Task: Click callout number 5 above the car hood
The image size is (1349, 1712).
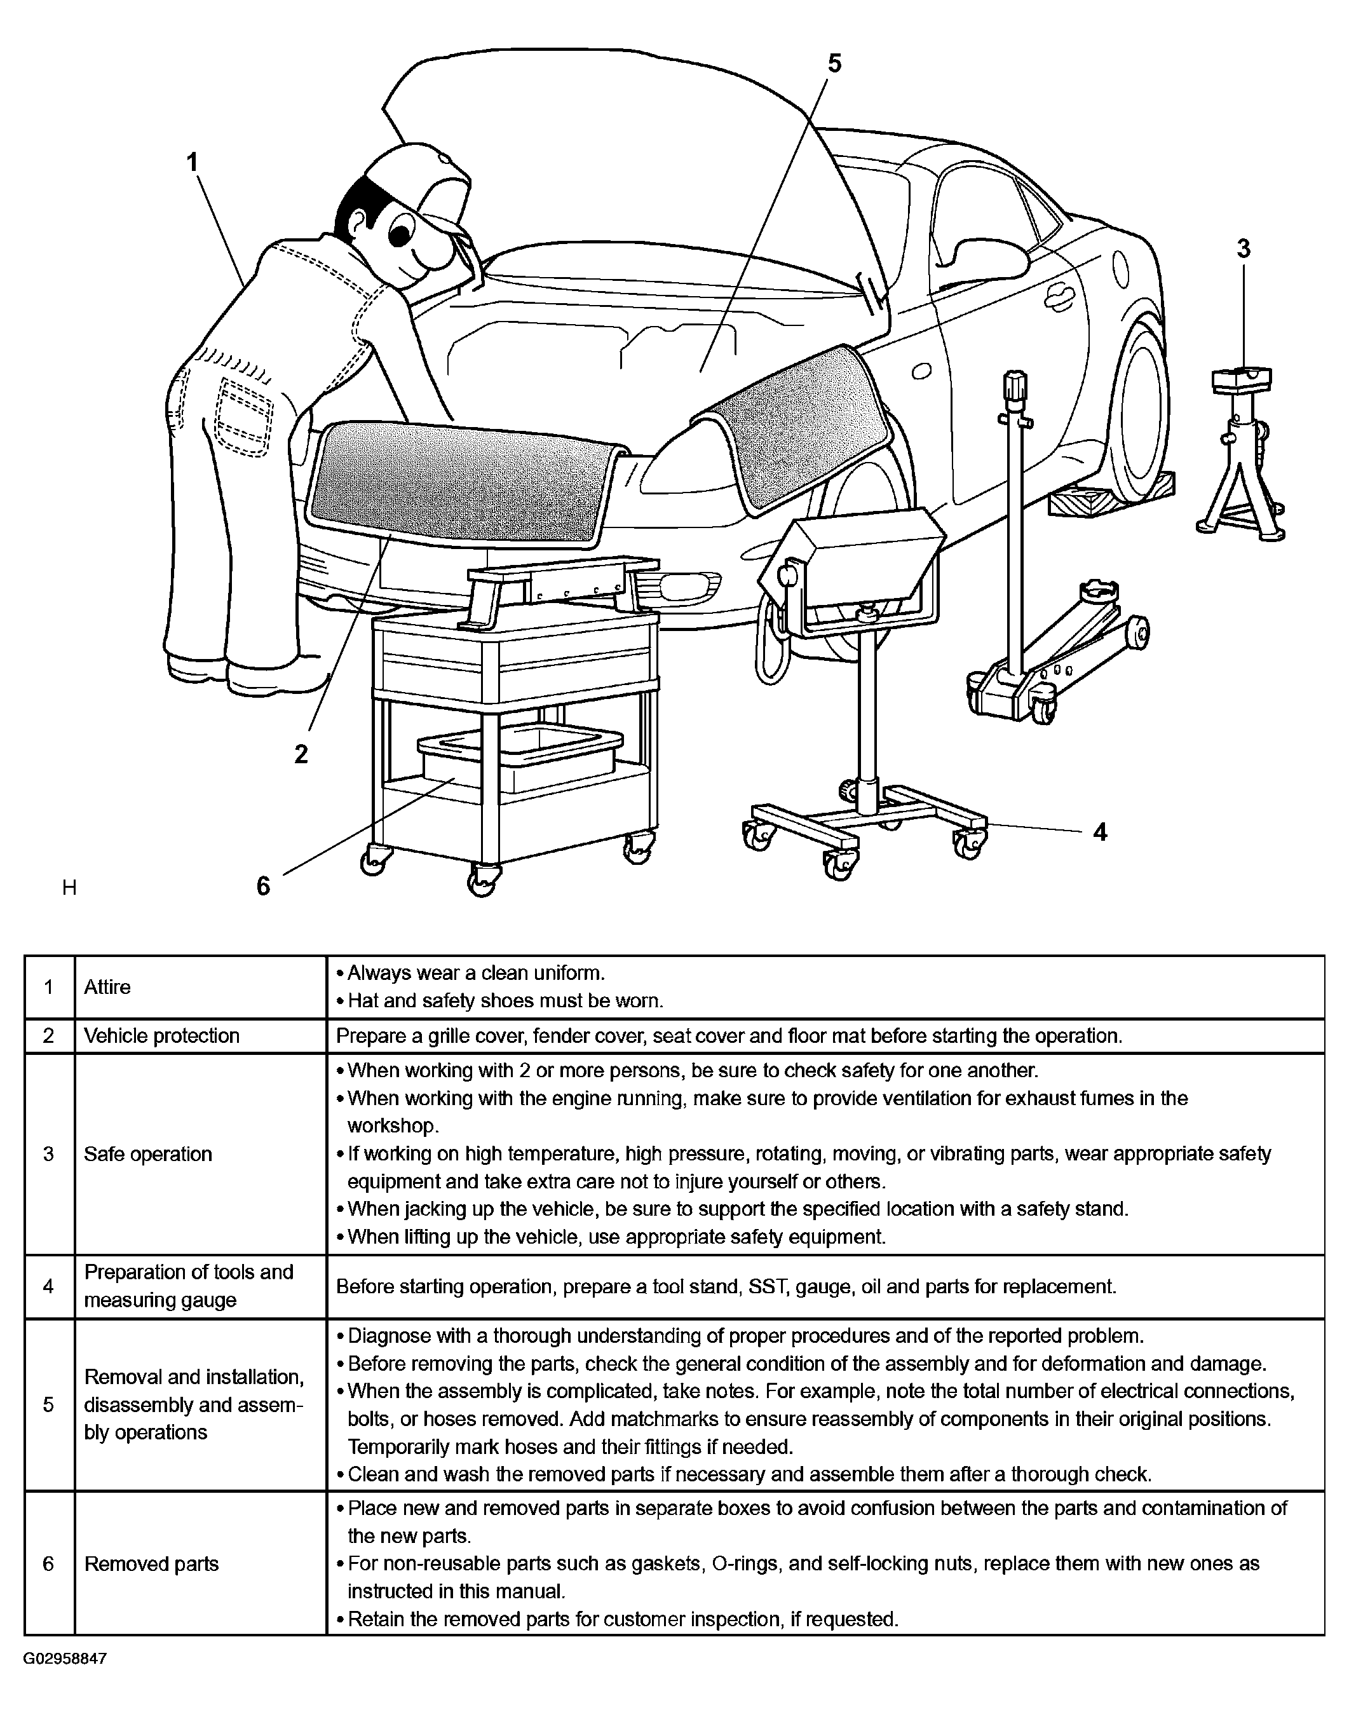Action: [x=834, y=63]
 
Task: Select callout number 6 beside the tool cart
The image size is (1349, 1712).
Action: [x=263, y=886]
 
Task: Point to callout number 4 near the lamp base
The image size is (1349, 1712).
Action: [x=1099, y=831]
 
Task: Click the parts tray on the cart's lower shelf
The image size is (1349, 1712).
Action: [x=521, y=758]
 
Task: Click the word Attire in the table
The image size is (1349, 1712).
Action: [x=107, y=987]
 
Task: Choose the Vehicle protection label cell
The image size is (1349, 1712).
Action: [x=162, y=1036]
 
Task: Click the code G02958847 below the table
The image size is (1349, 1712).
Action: [x=65, y=1659]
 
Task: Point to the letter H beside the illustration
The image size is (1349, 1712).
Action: [x=69, y=888]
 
